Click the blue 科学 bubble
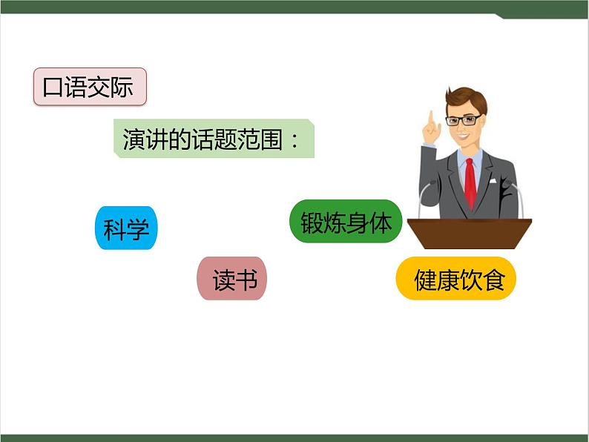(x=126, y=228)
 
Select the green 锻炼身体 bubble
(x=346, y=222)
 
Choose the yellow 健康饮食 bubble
(x=455, y=279)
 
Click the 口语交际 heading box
(x=90, y=87)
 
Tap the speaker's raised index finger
(x=430, y=118)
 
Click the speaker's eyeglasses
(x=462, y=120)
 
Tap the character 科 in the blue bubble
(x=115, y=228)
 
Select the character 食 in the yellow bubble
(x=493, y=279)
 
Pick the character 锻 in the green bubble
(x=312, y=222)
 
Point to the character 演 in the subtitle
(x=133, y=138)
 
